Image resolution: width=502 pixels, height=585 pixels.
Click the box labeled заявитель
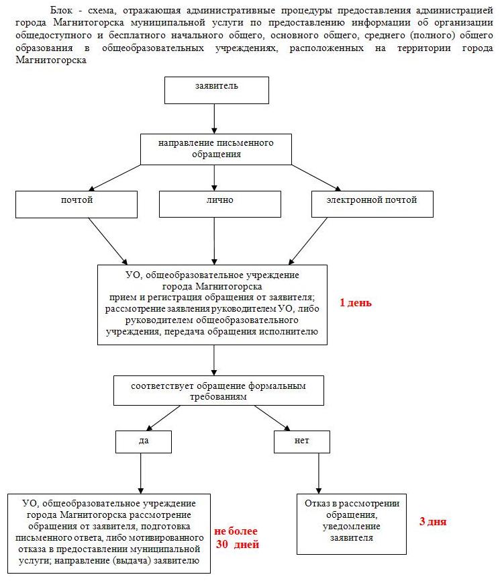pyautogui.click(x=217, y=90)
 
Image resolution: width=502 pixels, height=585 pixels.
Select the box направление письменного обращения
pyautogui.click(x=216, y=149)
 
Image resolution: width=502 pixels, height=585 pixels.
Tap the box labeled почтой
pyautogui.click(x=77, y=204)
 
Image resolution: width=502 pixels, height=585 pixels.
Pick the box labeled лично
pyautogui.click(x=220, y=204)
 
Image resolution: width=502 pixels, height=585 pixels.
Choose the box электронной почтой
pyautogui.click(x=372, y=204)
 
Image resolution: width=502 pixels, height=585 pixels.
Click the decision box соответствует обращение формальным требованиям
pyautogui.click(x=219, y=391)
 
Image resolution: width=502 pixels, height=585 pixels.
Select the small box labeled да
pyautogui.click(x=144, y=442)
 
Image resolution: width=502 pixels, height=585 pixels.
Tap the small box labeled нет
pyautogui.click(x=302, y=442)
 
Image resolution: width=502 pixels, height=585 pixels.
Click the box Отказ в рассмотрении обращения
pyautogui.click(x=352, y=524)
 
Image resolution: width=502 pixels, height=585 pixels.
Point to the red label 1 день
pyautogui.click(x=356, y=302)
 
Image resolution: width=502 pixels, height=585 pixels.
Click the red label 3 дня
pyautogui.click(x=433, y=522)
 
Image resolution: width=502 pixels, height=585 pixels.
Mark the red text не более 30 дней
pyautogui.click(x=237, y=537)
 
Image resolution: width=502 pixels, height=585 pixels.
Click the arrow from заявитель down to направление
pyautogui.click(x=214, y=119)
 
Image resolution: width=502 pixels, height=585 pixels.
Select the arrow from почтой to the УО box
pyautogui.click(x=107, y=241)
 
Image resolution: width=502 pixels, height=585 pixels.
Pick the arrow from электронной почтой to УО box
pyautogui.click(x=308, y=241)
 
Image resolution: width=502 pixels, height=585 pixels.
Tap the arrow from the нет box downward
pyautogui.click(x=319, y=474)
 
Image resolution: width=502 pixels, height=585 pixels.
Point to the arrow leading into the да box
pyautogui.click(x=163, y=418)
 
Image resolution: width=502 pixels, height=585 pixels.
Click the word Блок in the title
pyautogui.click(x=62, y=10)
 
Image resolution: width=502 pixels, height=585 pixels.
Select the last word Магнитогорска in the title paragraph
pyautogui.click(x=51, y=60)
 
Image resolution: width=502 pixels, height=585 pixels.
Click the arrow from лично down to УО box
pyautogui.click(x=214, y=241)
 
